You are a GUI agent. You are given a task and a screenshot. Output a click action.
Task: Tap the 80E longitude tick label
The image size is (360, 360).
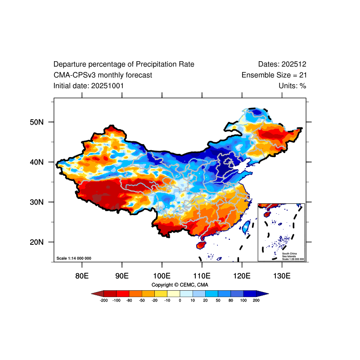[82, 275]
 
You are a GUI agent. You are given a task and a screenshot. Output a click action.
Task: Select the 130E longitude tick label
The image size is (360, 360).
[282, 275]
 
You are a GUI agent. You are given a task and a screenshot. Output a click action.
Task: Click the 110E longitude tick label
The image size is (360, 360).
[202, 275]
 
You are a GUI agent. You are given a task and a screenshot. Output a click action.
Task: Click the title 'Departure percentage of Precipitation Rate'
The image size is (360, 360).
[124, 64]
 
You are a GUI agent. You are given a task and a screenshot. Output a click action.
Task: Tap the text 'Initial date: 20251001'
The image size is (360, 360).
[89, 85]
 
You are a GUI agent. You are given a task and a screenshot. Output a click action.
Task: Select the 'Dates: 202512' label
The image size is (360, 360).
[282, 64]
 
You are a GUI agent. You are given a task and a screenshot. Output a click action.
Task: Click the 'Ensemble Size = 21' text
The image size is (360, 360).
[274, 75]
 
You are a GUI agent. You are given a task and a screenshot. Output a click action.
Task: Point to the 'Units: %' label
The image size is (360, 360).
[292, 85]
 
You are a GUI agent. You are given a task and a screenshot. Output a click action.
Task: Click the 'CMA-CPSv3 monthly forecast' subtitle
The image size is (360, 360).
[103, 75]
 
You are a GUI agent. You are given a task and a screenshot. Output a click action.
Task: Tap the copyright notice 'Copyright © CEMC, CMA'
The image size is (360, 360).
[180, 285]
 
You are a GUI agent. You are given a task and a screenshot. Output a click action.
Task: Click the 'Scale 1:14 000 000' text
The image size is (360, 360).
[74, 258]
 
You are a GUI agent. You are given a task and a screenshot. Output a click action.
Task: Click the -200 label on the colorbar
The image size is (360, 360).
[103, 300]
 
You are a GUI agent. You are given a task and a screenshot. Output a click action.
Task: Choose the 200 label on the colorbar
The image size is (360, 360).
[256, 300]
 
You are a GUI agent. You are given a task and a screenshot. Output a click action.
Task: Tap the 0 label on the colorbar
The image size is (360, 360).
[180, 300]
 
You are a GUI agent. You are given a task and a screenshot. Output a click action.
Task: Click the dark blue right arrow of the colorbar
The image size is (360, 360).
[263, 293]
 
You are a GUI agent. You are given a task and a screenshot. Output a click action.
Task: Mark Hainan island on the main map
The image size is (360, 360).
[201, 245]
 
